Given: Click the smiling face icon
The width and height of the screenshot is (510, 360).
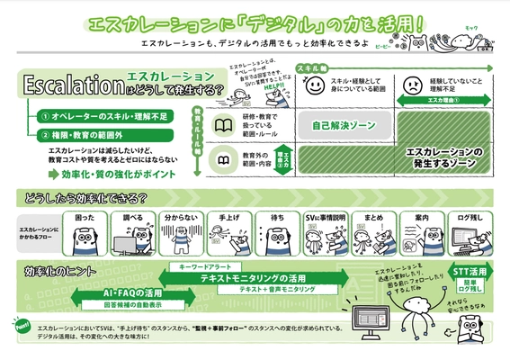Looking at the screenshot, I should tap(316, 89).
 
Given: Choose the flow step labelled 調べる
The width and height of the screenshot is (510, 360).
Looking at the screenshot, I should tap(132, 218).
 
